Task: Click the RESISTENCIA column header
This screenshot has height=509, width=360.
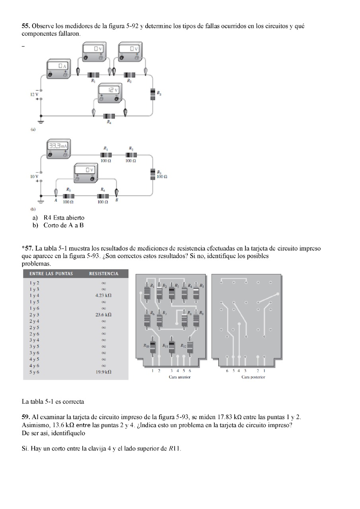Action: click(x=103, y=274)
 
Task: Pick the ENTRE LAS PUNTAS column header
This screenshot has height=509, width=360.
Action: click(x=51, y=274)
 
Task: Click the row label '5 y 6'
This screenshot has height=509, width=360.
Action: click(x=35, y=372)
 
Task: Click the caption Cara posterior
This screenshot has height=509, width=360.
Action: click(x=253, y=377)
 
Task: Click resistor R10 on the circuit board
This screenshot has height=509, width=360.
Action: click(x=153, y=347)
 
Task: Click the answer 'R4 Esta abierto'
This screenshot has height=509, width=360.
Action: click(x=64, y=218)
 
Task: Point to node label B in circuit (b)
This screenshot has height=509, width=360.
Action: click(x=117, y=200)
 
